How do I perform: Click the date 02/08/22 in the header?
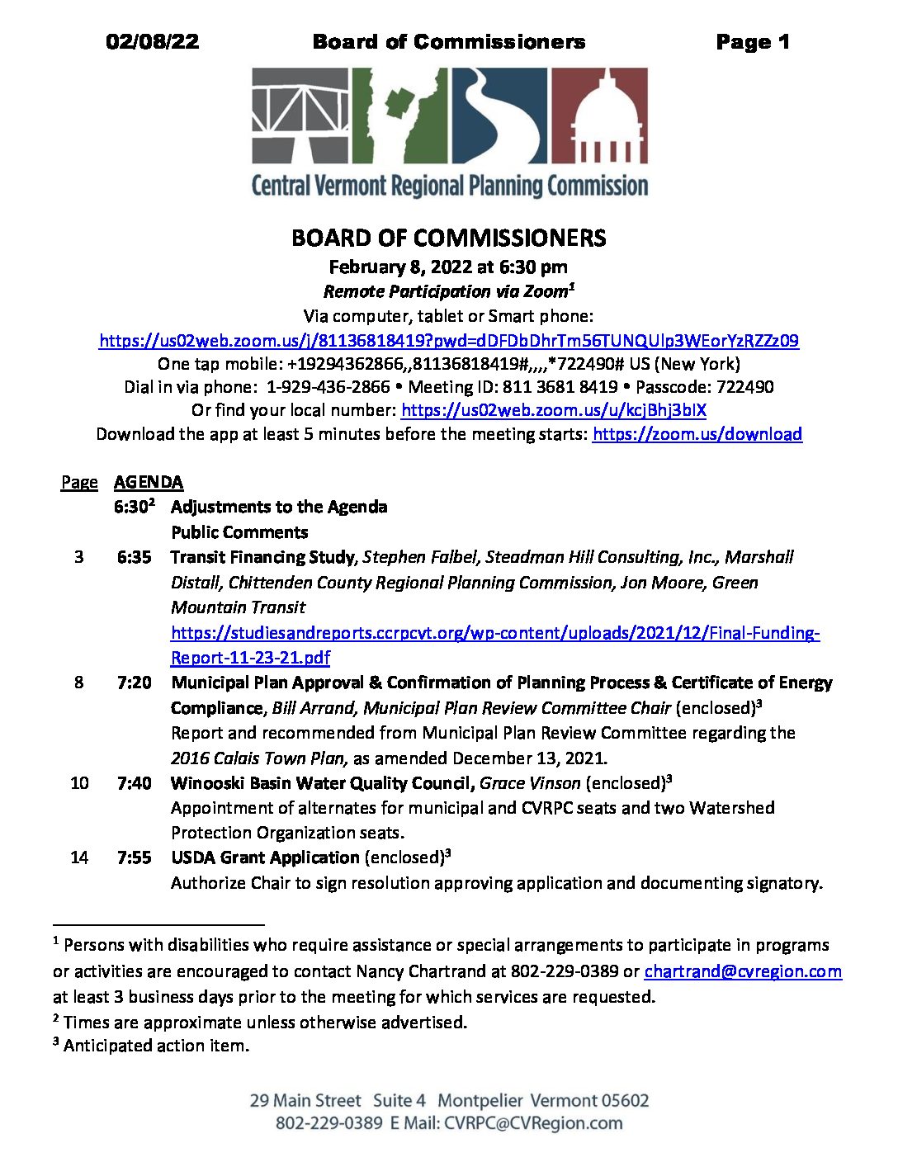click(153, 42)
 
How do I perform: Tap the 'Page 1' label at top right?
click(752, 42)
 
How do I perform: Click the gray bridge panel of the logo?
click(299, 116)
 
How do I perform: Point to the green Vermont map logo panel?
click(400, 116)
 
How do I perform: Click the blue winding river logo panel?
click(499, 116)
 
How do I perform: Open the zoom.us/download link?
click(697, 434)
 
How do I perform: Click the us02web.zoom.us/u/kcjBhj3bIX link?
click(553, 410)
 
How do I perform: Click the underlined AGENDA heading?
click(149, 482)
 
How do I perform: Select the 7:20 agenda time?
click(135, 683)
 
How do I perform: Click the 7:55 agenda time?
click(135, 857)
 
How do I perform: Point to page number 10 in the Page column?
click(79, 782)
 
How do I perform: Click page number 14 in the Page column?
click(79, 857)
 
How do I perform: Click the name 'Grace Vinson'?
click(530, 782)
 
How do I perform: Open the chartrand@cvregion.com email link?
click(743, 971)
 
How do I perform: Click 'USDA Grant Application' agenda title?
click(265, 857)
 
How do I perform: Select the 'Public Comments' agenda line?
click(239, 532)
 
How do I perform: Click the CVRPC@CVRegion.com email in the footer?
click(533, 1123)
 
